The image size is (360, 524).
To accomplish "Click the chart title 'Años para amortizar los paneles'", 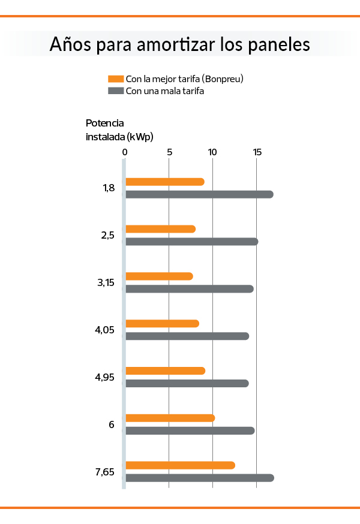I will point(180,44).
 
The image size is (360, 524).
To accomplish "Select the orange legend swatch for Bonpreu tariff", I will point(116,79).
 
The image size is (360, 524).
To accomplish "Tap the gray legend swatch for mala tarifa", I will point(116,91).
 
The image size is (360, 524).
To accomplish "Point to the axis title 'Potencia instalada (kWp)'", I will point(119,130).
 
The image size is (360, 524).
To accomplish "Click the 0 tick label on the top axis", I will point(125,153).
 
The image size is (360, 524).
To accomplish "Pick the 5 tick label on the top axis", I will point(170,153).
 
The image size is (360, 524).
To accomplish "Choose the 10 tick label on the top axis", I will point(212,153).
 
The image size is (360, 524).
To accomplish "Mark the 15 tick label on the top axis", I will point(257,153).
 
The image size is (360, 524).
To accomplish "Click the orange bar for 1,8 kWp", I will point(164,182).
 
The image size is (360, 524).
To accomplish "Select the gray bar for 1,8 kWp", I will point(199,194).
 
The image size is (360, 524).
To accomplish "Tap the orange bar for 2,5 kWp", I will point(160,229).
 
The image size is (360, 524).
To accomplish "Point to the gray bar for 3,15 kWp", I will point(189,289).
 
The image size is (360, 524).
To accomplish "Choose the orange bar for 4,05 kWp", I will point(162,324).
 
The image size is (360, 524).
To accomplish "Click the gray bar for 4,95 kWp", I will point(187,383).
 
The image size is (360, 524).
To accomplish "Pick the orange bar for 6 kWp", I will point(170,418).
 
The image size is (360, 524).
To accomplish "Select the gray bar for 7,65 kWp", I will point(199,478).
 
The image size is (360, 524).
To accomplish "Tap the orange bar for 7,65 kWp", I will point(180,465).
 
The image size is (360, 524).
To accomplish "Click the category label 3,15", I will point(106,282).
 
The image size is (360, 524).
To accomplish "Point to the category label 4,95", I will point(104,377).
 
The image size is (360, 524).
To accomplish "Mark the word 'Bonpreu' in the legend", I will point(223,79).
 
